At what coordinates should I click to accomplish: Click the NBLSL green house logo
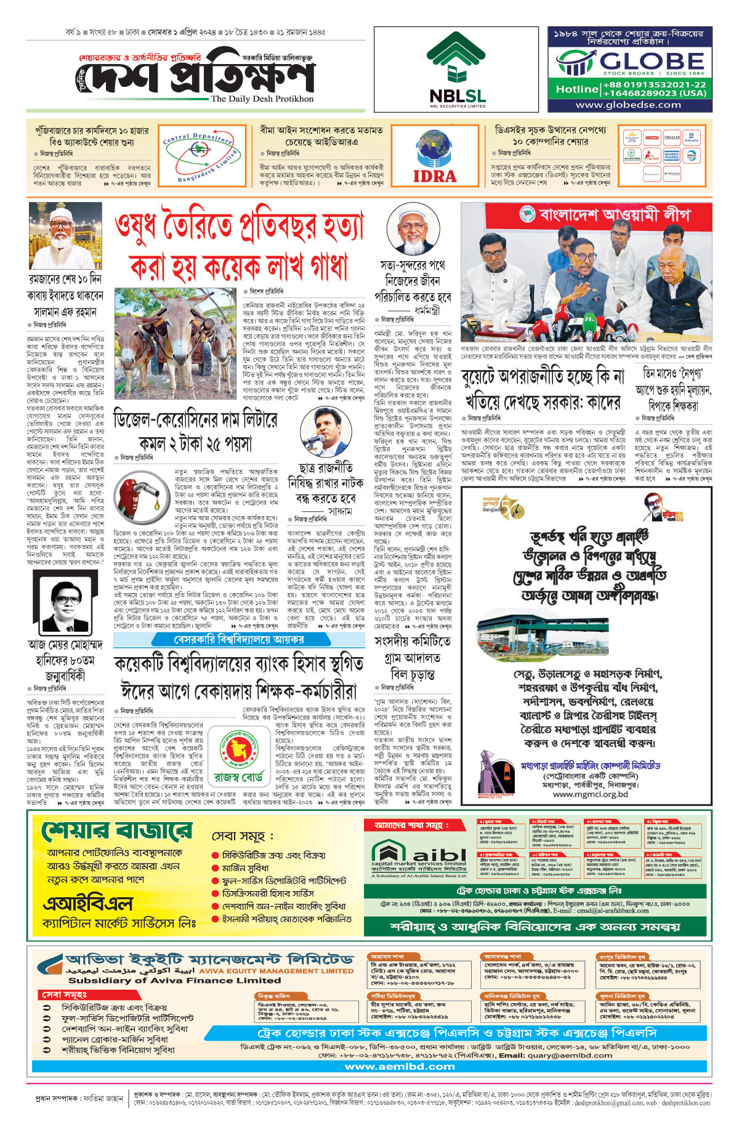pos(457,59)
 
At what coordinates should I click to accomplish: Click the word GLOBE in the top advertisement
pos(652,61)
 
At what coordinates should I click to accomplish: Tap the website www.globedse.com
pos(628,105)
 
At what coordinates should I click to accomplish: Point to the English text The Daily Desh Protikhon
pos(262,99)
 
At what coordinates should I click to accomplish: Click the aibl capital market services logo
pos(419,857)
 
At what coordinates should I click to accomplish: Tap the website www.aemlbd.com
pos(400,1066)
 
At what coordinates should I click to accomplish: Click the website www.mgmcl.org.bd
pos(590,794)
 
